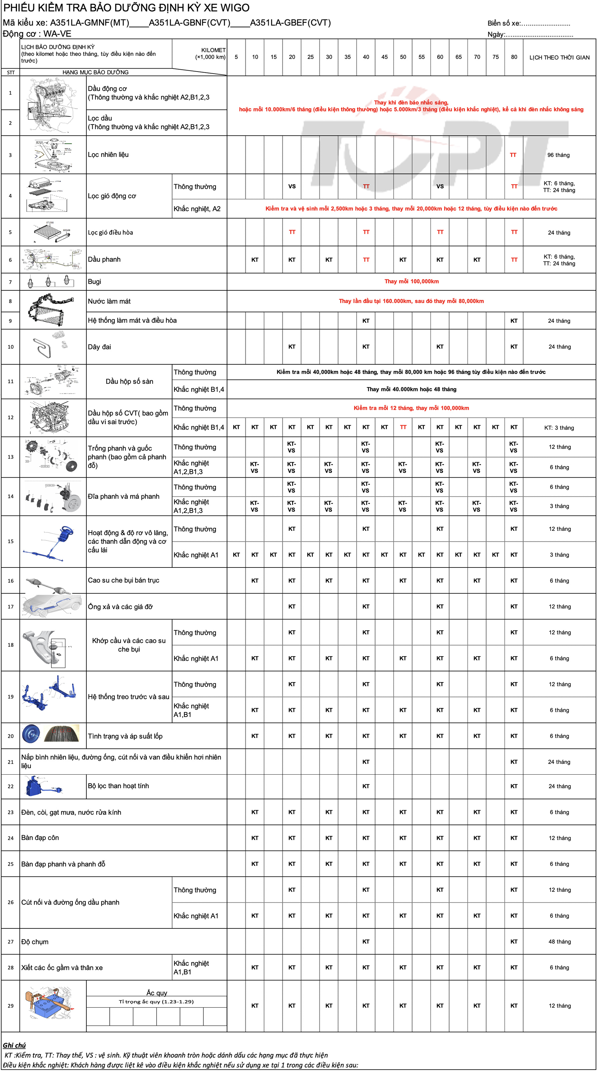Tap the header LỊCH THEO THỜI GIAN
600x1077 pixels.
click(x=559, y=57)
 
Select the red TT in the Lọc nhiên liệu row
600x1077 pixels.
click(x=513, y=155)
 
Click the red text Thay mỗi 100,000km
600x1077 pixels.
click(x=411, y=281)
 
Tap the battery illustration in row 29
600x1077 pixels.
click(x=49, y=1005)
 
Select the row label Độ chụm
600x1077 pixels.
click(x=35, y=942)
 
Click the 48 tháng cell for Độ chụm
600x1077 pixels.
click(x=559, y=942)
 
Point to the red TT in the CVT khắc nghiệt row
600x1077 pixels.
click(x=403, y=427)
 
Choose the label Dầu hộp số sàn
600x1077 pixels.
click(x=129, y=381)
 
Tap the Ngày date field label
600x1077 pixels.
click(x=496, y=34)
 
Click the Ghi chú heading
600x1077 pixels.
click(x=14, y=1045)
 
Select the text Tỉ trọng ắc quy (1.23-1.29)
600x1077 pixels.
click(x=156, y=1001)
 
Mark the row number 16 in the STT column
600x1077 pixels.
click(x=10, y=581)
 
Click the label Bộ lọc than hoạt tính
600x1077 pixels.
click(x=118, y=786)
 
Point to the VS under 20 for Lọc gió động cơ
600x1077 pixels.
click(x=292, y=186)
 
